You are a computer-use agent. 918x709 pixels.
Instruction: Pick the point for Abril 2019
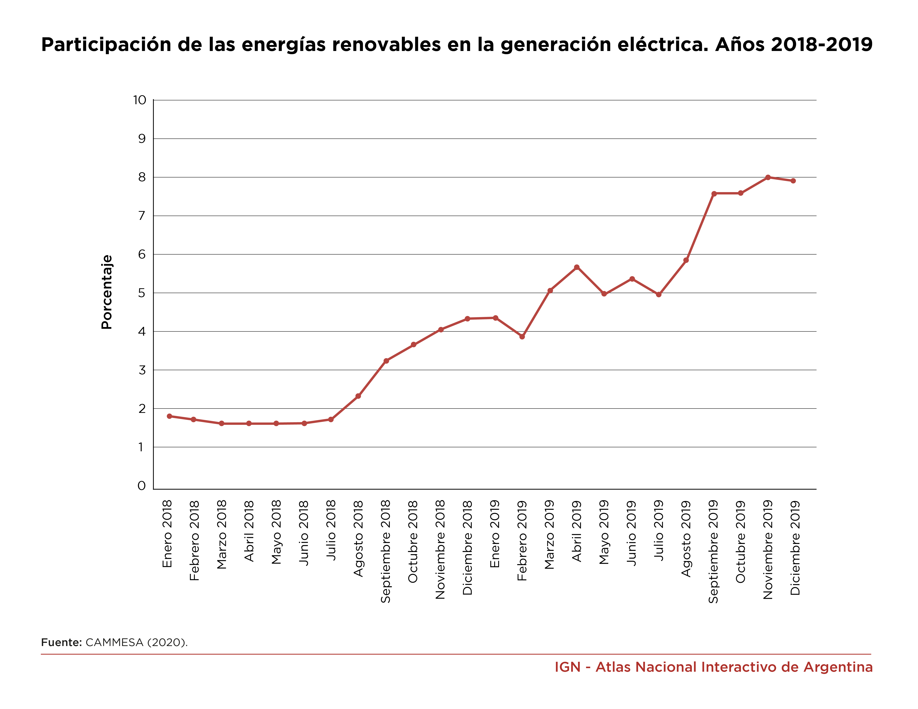coord(577,267)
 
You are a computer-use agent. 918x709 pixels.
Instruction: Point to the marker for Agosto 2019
coord(686,260)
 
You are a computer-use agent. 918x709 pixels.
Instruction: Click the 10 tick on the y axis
coord(140,100)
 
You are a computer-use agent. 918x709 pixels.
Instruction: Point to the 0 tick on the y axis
coord(142,486)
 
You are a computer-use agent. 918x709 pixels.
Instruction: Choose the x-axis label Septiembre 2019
coord(713,551)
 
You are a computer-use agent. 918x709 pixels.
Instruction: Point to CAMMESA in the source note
coord(114,642)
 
